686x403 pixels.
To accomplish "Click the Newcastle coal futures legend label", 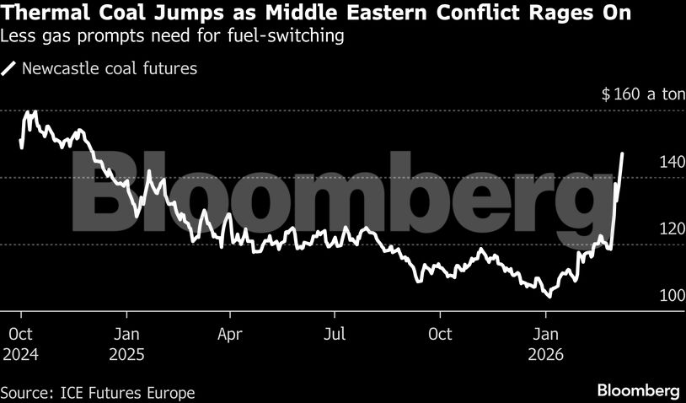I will coord(110,68).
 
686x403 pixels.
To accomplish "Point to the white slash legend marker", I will coord(10,68).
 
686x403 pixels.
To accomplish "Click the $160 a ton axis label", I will coord(643,94).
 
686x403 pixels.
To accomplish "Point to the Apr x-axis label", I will coord(230,334).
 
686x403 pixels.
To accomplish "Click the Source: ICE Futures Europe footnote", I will coord(98,392).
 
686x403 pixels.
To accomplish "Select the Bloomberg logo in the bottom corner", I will coord(638,390).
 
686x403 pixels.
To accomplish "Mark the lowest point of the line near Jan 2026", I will coord(549,297).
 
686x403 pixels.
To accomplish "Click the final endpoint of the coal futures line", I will coord(622,153).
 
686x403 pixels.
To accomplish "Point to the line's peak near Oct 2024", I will coord(34,111).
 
